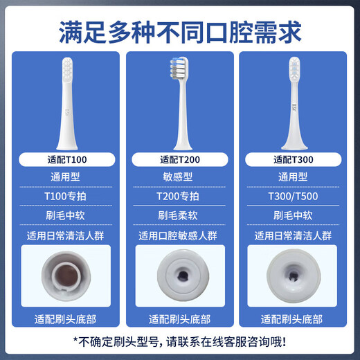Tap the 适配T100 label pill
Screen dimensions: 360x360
(x=68, y=161)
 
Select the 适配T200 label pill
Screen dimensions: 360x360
(x=179, y=161)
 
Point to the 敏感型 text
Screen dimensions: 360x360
(x=179, y=178)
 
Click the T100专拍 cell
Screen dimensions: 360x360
(x=68, y=196)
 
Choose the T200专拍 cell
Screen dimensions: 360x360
(x=179, y=196)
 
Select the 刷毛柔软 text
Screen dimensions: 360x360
(x=179, y=215)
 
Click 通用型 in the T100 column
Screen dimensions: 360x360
(x=68, y=178)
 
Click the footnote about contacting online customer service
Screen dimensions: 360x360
(x=179, y=341)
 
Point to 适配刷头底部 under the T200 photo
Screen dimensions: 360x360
(x=179, y=319)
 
